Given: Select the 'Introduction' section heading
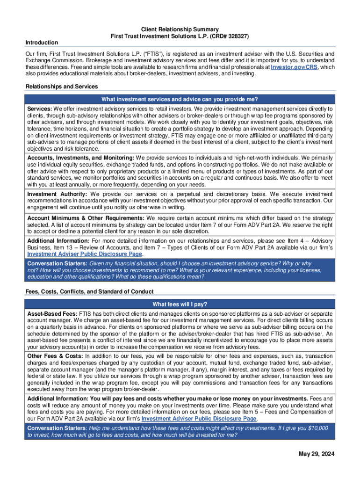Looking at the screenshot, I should point(42,43).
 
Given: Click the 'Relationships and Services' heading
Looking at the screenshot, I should point(62,87).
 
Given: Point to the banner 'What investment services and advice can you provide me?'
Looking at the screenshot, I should point(180,99).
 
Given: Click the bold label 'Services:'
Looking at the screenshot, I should point(40,109).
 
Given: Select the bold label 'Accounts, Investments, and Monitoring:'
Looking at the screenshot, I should point(80,158).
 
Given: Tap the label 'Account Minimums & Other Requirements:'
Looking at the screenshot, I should point(86,218).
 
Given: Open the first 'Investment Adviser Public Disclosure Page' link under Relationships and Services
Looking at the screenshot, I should point(84,254).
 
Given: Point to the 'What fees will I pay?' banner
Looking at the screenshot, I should point(180,304).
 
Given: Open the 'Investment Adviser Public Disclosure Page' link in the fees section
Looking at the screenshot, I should point(199,419).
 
